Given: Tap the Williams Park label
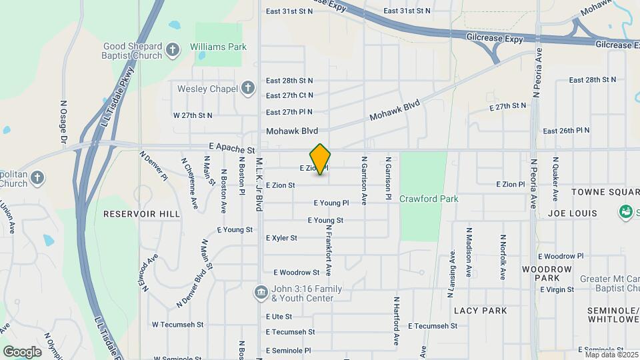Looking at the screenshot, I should tap(218, 47).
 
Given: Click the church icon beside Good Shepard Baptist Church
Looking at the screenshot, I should tap(173, 50).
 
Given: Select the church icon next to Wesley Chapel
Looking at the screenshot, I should tap(248, 88).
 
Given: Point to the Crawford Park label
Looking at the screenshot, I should tap(429, 199).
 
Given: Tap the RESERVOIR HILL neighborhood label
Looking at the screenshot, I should tap(141, 214).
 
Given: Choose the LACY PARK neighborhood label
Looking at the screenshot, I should tap(480, 311).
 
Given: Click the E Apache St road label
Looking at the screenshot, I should tap(232, 151).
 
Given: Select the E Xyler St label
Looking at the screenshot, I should tap(281, 238).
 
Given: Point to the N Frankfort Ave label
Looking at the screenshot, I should tap(329, 250).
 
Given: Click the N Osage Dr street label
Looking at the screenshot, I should tap(63, 121).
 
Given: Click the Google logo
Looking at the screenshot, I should tap(22, 351).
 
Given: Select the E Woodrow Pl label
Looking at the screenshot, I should tap(561, 256).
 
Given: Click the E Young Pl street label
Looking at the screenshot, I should tap(331, 203).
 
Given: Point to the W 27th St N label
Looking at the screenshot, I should tap(193, 115).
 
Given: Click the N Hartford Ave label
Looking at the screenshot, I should tap(397, 321).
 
